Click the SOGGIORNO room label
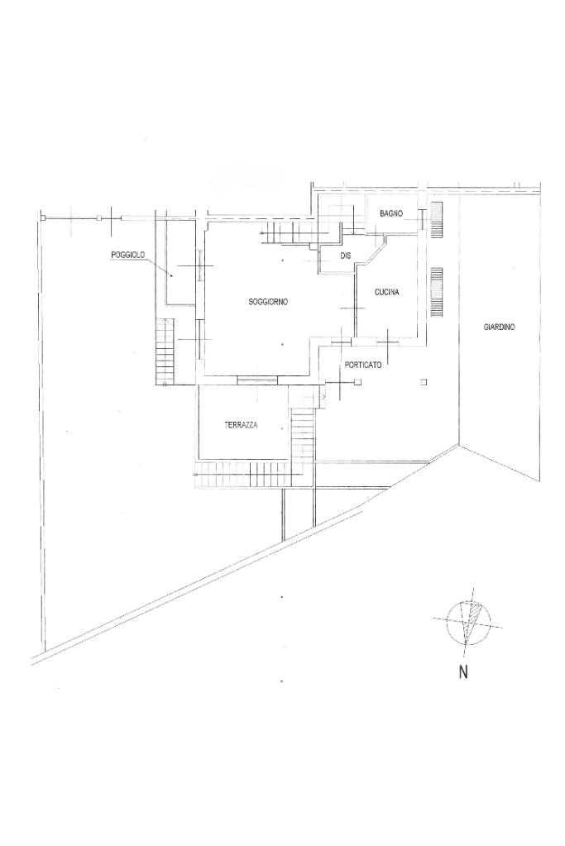(x=268, y=302)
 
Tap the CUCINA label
(x=387, y=292)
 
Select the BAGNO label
(x=391, y=213)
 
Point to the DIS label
(x=346, y=256)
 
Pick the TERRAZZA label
(x=241, y=425)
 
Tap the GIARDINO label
(x=500, y=327)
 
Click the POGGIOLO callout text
(x=129, y=256)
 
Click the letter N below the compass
(x=463, y=672)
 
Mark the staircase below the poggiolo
(x=165, y=351)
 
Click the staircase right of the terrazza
(x=303, y=435)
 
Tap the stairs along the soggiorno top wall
(x=290, y=234)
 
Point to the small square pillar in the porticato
(x=423, y=381)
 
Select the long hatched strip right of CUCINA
(x=437, y=291)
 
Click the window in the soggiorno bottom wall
(x=257, y=380)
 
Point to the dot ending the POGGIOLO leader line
(x=171, y=275)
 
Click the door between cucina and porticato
(x=386, y=338)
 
